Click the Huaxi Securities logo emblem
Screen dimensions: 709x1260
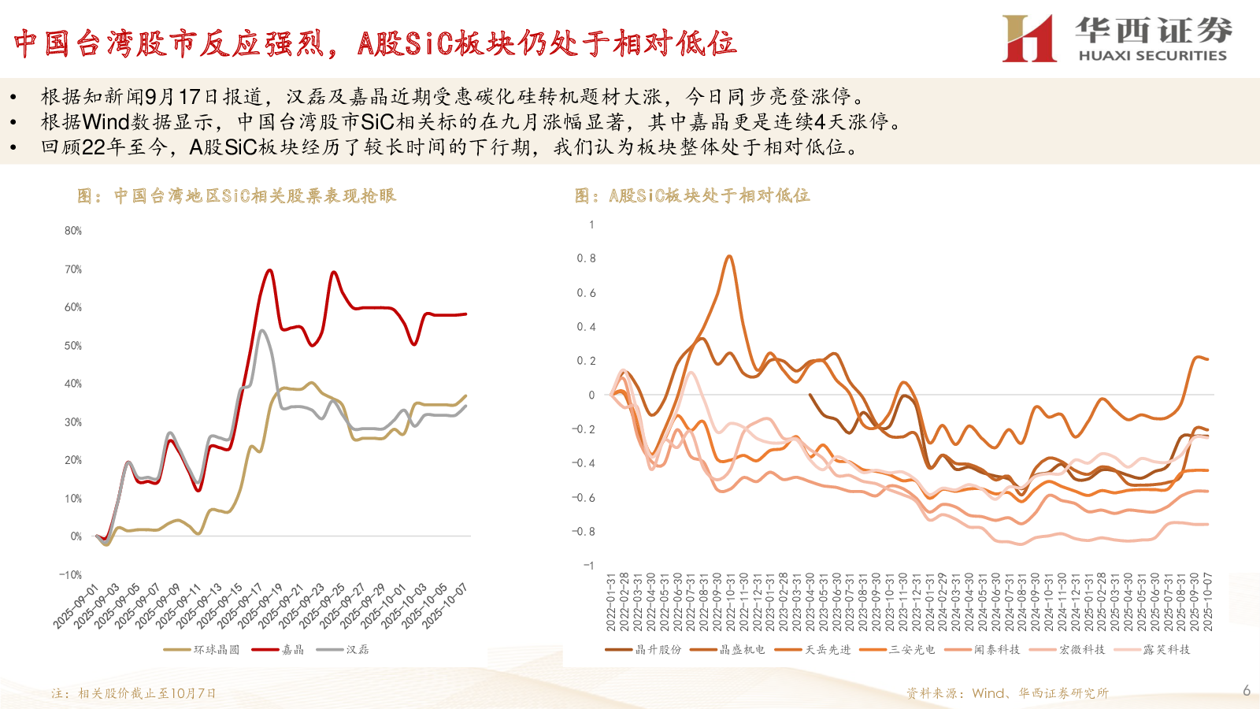point(1028,38)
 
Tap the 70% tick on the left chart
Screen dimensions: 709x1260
point(73,269)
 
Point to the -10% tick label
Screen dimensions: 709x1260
point(71,575)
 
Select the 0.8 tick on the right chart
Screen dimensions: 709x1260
point(586,258)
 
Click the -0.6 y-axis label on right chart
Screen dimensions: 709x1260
point(584,498)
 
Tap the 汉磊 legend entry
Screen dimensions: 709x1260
point(343,650)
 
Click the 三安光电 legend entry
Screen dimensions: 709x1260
point(897,650)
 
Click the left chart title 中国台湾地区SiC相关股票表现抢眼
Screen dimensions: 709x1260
point(236,196)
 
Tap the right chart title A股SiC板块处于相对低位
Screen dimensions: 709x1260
point(692,196)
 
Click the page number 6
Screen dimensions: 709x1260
point(1247,691)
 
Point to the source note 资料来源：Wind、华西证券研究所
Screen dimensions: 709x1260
point(1007,693)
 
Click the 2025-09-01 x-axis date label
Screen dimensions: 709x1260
point(76,607)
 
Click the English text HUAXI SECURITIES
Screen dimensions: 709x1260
point(1152,56)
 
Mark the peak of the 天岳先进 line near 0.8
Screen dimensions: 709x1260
point(729,256)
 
